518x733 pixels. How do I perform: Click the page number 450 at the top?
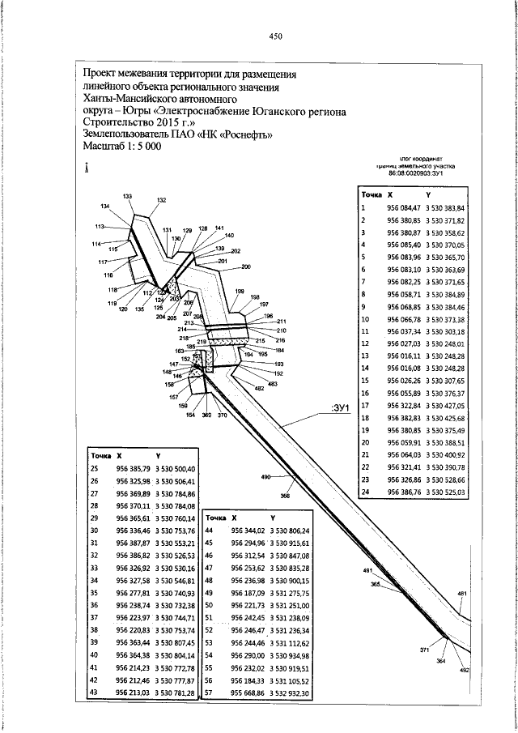(x=275, y=36)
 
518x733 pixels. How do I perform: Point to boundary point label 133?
(x=128, y=197)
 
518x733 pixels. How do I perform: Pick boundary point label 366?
(x=285, y=494)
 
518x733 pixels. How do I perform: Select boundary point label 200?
(x=246, y=266)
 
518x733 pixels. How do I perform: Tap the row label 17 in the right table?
(x=365, y=405)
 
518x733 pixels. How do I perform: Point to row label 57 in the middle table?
(x=209, y=693)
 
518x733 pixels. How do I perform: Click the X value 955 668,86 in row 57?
(x=248, y=693)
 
